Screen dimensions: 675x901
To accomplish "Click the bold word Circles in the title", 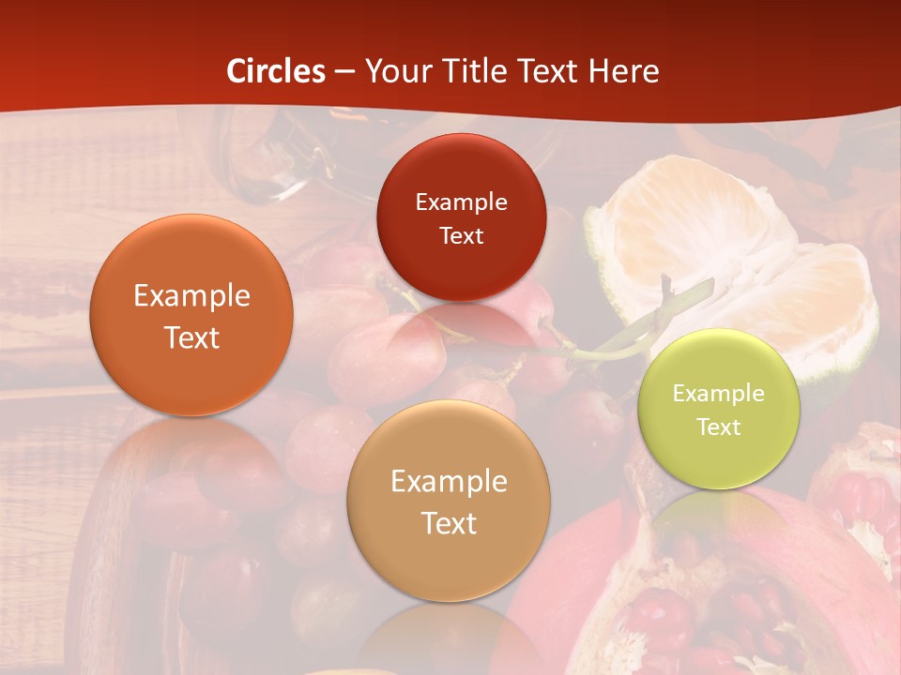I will [x=276, y=71].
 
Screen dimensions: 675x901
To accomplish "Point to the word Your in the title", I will [x=395, y=71].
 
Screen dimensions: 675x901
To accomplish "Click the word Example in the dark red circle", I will [x=461, y=202].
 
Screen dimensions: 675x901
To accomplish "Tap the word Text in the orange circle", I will [x=191, y=337].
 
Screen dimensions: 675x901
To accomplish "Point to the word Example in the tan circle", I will [x=449, y=482].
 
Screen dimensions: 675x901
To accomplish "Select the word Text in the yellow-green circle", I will [x=719, y=427].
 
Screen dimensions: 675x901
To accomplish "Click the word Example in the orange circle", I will [x=191, y=296].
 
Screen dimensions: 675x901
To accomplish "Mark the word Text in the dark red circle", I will [x=461, y=236].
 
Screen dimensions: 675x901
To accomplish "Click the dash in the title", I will [x=344, y=71].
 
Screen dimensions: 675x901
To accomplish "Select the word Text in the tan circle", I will [x=449, y=523].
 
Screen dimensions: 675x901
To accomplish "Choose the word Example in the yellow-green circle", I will [x=719, y=394].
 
